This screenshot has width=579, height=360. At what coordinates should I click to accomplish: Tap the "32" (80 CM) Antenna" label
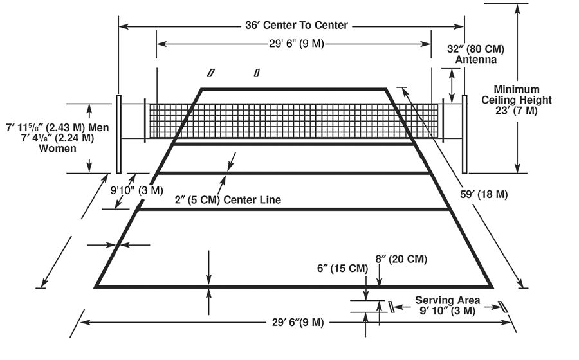point(475,54)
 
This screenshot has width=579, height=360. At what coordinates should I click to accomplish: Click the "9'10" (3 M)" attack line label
point(136,190)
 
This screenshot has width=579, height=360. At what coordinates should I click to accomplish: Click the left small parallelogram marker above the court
point(210,73)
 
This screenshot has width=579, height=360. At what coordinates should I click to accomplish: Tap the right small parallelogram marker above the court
point(257,73)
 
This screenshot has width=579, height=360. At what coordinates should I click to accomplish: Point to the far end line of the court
point(294,89)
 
